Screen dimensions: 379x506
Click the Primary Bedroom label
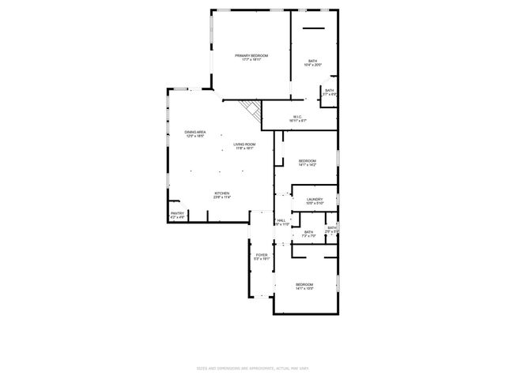pyautogui.click(x=251, y=54)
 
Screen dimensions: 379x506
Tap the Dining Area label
pyautogui.click(x=195, y=131)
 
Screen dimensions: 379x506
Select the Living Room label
pyautogui.click(x=244, y=144)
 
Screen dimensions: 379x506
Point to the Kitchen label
pyautogui.click(x=222, y=193)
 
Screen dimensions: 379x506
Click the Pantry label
pyautogui.click(x=177, y=212)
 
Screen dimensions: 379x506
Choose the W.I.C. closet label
pyautogui.click(x=297, y=117)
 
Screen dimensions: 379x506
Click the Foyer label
pyautogui.click(x=262, y=255)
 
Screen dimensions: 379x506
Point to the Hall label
pyautogui.click(x=281, y=220)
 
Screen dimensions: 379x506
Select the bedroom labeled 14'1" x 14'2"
pyautogui.click(x=307, y=160)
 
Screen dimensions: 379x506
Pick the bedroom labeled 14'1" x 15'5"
pyautogui.click(x=304, y=284)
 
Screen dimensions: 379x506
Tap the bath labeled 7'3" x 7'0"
pyautogui.click(x=308, y=231)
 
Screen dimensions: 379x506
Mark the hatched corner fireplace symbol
pyautogui.click(x=252, y=109)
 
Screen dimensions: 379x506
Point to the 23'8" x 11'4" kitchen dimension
pyautogui.click(x=222, y=197)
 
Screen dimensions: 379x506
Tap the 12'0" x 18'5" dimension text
pyautogui.click(x=195, y=136)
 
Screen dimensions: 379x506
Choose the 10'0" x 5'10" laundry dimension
pyautogui.click(x=315, y=205)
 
